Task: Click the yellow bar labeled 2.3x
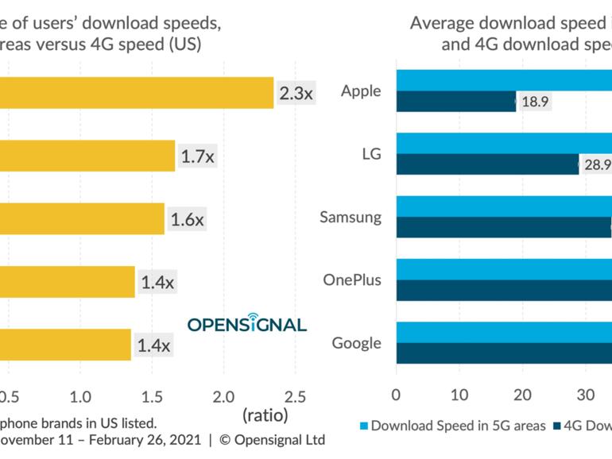tap(135, 93)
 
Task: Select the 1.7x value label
tap(197, 156)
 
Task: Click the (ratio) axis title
tap(265, 415)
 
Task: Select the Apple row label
tap(361, 91)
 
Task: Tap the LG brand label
tap(371, 154)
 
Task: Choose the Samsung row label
tap(351, 217)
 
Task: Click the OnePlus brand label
tap(351, 280)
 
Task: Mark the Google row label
tap(356, 343)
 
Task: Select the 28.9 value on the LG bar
tap(596, 164)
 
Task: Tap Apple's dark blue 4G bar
tap(455, 102)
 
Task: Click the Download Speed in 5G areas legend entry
tap(452, 426)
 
